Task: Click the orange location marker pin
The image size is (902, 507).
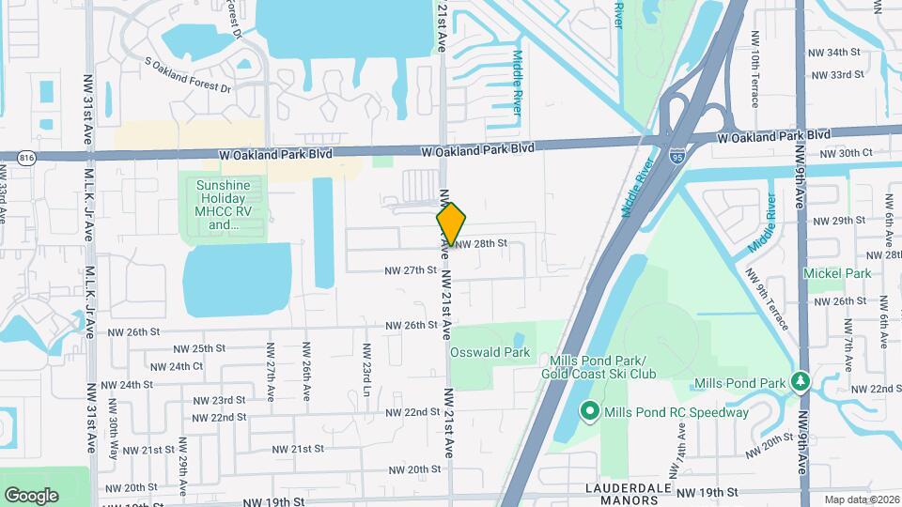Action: pyautogui.click(x=451, y=223)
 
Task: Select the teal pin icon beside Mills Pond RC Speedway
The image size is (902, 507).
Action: pyautogui.click(x=589, y=411)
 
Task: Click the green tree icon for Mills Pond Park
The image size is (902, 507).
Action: pyautogui.click(x=800, y=381)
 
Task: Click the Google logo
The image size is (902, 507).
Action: pyautogui.click(x=31, y=495)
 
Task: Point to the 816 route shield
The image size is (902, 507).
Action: pyautogui.click(x=26, y=159)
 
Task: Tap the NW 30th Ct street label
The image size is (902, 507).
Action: pyautogui.click(x=847, y=153)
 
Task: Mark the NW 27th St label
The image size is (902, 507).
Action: pyautogui.click(x=412, y=270)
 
